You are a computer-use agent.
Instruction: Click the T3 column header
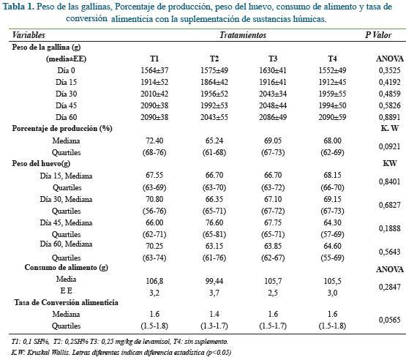[273, 59]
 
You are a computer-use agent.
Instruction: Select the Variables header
[29, 35]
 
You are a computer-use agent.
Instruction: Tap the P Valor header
[378, 35]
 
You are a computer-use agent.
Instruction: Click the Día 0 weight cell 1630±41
[273, 70]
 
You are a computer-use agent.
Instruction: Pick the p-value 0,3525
[389, 70]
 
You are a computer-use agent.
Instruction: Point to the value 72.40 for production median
[154, 140]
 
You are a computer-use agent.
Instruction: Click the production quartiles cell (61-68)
[214, 152]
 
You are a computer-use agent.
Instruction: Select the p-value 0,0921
[389, 146]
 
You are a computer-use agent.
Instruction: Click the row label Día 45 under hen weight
[67, 105]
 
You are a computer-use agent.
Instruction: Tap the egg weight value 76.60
[214, 222]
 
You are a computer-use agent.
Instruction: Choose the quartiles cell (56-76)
[154, 211]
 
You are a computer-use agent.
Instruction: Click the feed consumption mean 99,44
[214, 281]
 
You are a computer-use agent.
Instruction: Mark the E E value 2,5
[273, 293]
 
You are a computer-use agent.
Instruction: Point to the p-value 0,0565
[389, 320]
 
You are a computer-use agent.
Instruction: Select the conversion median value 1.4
[214, 314]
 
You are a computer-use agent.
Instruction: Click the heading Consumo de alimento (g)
[67, 267]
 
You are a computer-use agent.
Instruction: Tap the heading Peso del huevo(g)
[41, 164]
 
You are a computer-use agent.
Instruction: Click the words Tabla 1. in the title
[18, 7]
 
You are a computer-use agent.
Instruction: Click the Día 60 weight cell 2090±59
[332, 117]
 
